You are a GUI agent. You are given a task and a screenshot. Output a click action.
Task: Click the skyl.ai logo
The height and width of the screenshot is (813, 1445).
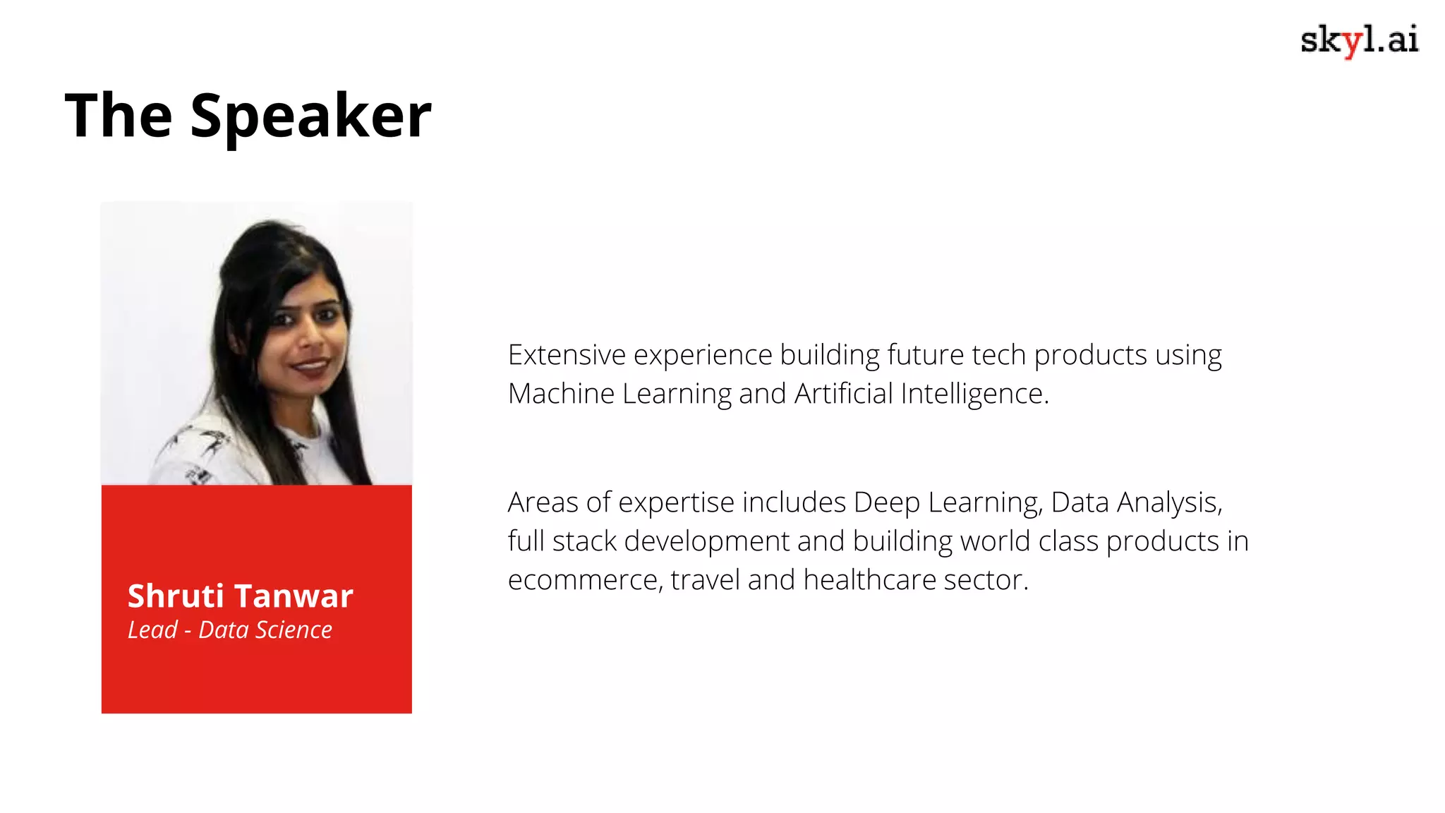[1359, 40]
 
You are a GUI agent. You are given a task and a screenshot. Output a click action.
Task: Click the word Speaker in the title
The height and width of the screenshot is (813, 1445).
[310, 116]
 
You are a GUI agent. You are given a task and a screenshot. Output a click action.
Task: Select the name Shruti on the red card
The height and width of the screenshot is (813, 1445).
[176, 596]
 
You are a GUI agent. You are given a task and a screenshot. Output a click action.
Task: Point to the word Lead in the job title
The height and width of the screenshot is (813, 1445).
[152, 630]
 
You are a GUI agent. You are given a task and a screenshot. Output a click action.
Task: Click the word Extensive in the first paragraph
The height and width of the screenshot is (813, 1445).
[567, 355]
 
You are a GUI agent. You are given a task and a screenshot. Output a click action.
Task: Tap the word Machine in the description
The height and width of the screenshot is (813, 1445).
[561, 394]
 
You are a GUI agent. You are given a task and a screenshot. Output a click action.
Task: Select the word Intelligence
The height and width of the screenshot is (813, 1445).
[974, 394]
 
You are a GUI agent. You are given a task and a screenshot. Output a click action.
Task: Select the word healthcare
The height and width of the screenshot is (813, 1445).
[869, 580]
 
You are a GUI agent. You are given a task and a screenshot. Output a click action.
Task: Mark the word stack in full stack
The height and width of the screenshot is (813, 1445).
[584, 541]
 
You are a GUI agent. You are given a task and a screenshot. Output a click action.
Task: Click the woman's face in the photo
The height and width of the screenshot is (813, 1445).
[308, 332]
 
